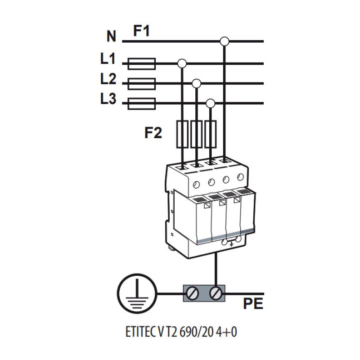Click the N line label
click(x=111, y=36)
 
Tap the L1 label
click(x=108, y=58)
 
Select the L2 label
click(x=108, y=79)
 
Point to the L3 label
click(x=108, y=99)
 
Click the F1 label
click(x=141, y=31)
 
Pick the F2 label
click(x=153, y=133)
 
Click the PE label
click(x=253, y=303)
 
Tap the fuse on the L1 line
click(x=142, y=63)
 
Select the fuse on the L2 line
click(x=142, y=84)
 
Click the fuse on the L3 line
click(x=142, y=103)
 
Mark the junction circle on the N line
click(x=224, y=41)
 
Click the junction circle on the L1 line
click(x=182, y=63)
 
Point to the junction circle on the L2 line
click(x=196, y=84)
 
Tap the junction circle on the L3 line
click(x=210, y=103)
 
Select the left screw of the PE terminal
click(x=192, y=294)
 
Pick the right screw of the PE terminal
click(x=216, y=294)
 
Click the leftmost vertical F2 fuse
click(x=182, y=134)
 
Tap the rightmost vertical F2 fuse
click(x=210, y=134)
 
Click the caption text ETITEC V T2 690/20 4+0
click(x=181, y=332)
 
